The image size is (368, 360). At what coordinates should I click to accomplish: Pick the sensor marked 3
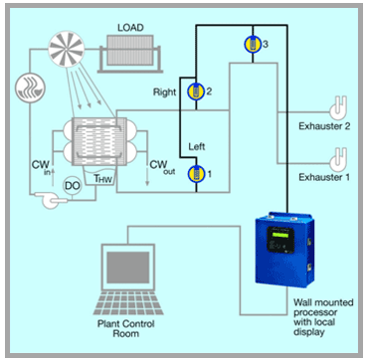pyautogui.click(x=253, y=44)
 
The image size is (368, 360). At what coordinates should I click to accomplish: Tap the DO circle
pyautogui.click(x=72, y=184)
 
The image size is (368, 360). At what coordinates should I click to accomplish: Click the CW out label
pyautogui.click(x=159, y=165)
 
